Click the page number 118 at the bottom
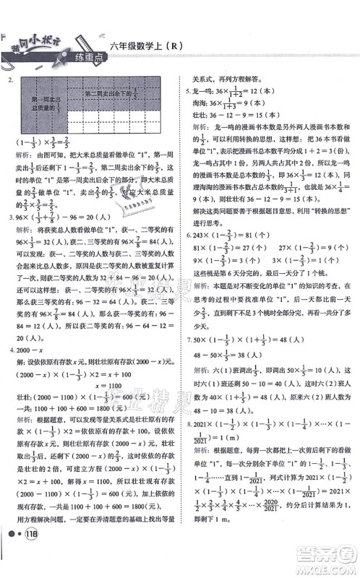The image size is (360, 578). [30, 564]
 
